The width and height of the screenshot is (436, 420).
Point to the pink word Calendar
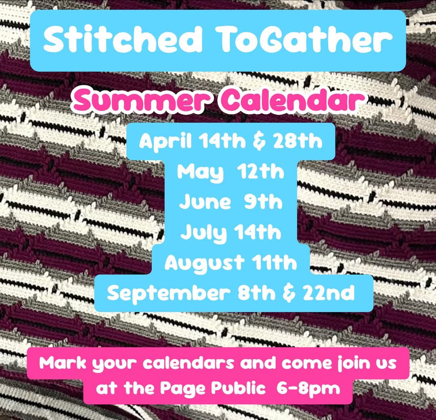pyautogui.click(x=292, y=99)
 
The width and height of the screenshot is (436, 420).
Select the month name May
pyautogui.click(x=200, y=172)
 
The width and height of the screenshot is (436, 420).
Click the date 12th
pyautogui.click(x=260, y=172)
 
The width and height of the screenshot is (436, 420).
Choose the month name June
pyautogui.click(x=205, y=202)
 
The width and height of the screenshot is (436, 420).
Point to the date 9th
pyautogui.click(x=263, y=202)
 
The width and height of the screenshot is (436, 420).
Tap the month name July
pyautogui.click(x=203, y=233)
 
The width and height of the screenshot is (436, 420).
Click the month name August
pyautogui.click(x=204, y=263)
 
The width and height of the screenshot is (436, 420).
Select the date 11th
pyautogui.click(x=275, y=262)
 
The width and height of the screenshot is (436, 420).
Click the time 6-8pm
pyautogui.click(x=308, y=388)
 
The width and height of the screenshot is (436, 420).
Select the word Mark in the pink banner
pyautogui.click(x=63, y=363)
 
